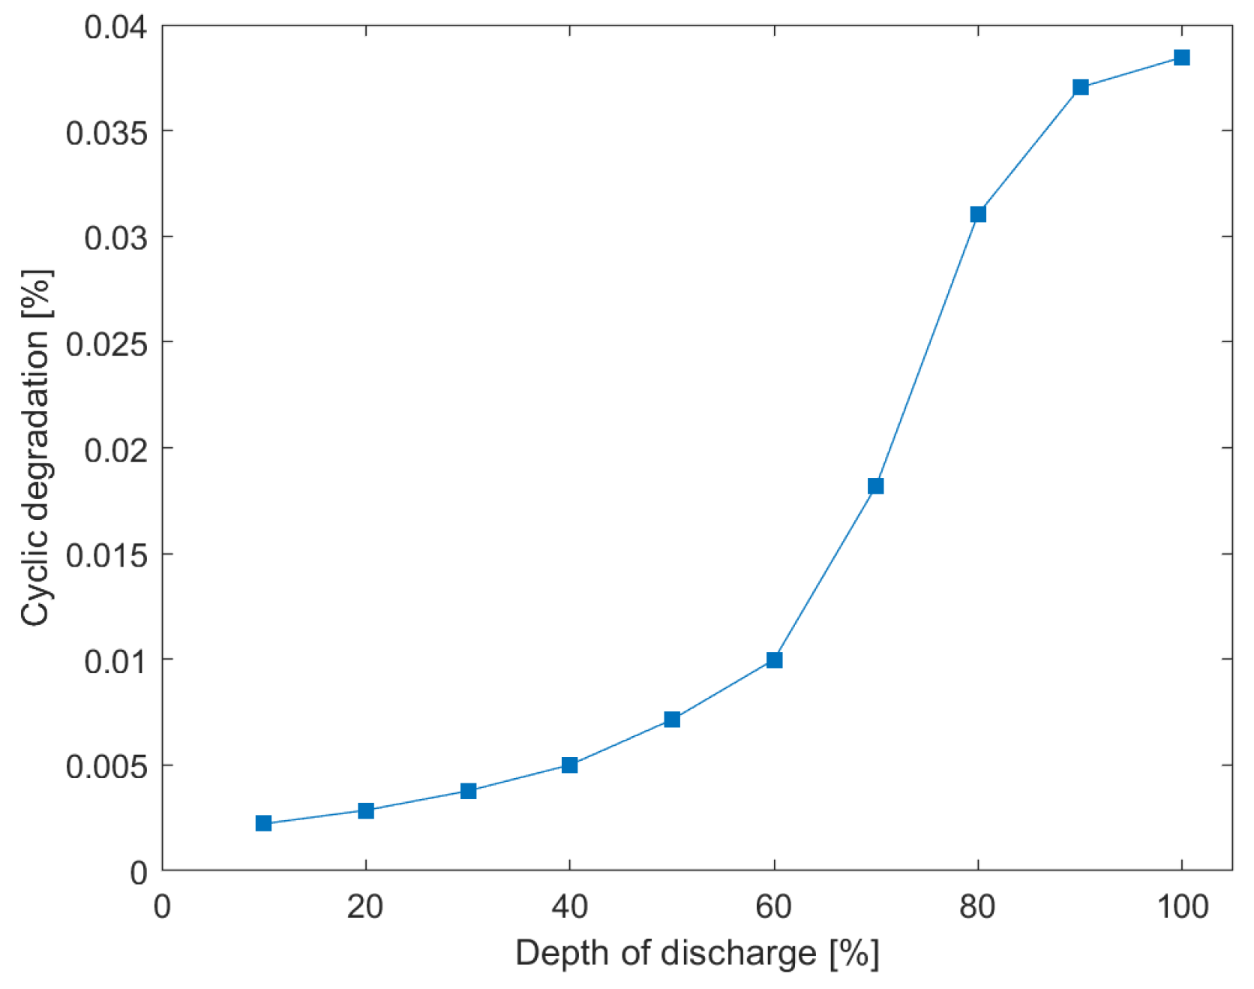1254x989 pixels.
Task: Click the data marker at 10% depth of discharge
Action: tap(263, 823)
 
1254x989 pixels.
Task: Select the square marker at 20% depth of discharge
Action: tap(366, 810)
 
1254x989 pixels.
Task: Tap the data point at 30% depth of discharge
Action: tap(469, 791)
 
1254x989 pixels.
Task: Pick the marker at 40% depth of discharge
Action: tap(570, 765)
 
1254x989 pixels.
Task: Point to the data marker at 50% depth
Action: tap(672, 720)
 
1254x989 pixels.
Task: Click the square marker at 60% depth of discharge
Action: tap(775, 660)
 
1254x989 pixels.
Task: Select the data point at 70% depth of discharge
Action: tap(876, 486)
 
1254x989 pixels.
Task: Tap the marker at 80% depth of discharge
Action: tap(978, 215)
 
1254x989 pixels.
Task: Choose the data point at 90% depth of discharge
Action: tap(1081, 87)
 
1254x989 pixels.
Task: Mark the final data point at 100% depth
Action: tap(1182, 58)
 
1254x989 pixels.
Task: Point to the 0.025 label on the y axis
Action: tap(106, 344)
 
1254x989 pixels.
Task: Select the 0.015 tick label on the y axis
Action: tap(106, 556)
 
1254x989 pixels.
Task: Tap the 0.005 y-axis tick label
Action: tap(106, 767)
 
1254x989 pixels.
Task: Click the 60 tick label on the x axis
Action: tap(774, 908)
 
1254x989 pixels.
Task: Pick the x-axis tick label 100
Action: tap(1182, 908)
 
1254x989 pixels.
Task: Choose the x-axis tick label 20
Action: tap(365, 908)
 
